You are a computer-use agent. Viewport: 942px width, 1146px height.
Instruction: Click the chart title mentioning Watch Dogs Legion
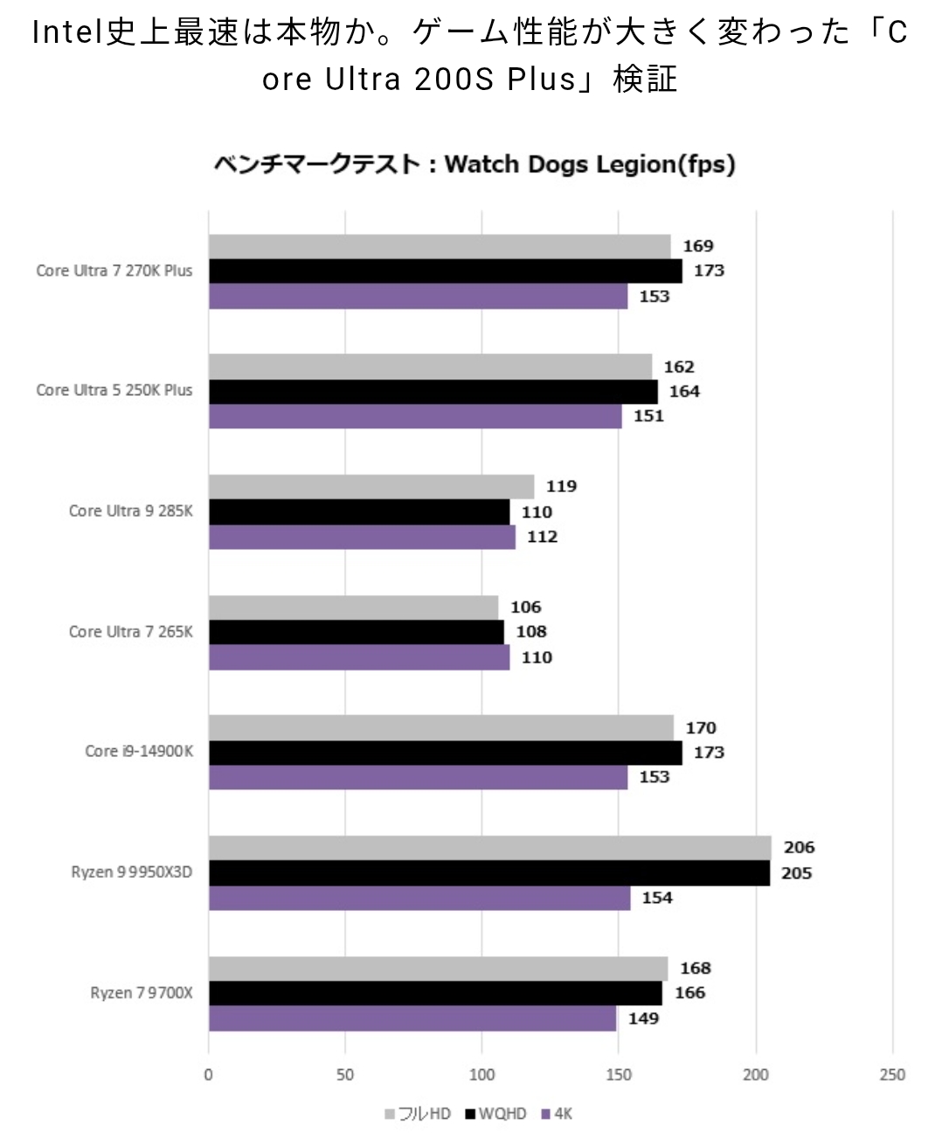coord(474,164)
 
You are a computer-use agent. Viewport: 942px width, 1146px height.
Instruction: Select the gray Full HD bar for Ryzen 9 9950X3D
coord(489,848)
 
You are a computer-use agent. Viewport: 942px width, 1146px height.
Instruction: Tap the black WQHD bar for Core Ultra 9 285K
coord(358,512)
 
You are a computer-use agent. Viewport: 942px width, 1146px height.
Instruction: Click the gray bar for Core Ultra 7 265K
coord(353,608)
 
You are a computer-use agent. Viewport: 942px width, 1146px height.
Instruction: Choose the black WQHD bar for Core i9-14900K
coord(445,753)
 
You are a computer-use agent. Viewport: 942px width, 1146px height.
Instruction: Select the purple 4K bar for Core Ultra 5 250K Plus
coord(415,416)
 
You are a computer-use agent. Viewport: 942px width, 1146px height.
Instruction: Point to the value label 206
coord(799,847)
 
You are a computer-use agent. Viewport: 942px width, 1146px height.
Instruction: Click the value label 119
coord(561,486)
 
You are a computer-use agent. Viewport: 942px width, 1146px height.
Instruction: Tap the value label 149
coord(643,1018)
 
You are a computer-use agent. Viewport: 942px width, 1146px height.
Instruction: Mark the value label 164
coord(684,391)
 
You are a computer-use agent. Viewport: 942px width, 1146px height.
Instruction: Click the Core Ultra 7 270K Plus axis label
coord(114,271)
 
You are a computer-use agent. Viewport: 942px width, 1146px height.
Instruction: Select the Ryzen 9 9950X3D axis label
coord(131,872)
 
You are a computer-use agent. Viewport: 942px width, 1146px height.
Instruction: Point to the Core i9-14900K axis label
coord(139,752)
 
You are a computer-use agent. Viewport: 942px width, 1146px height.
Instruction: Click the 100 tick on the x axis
coord(481,1074)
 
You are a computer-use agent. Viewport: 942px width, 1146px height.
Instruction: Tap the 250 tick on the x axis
coord(892,1074)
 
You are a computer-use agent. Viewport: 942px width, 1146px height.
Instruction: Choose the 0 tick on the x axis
coord(208,1074)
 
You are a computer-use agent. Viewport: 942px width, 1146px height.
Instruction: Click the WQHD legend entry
coord(496,1114)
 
